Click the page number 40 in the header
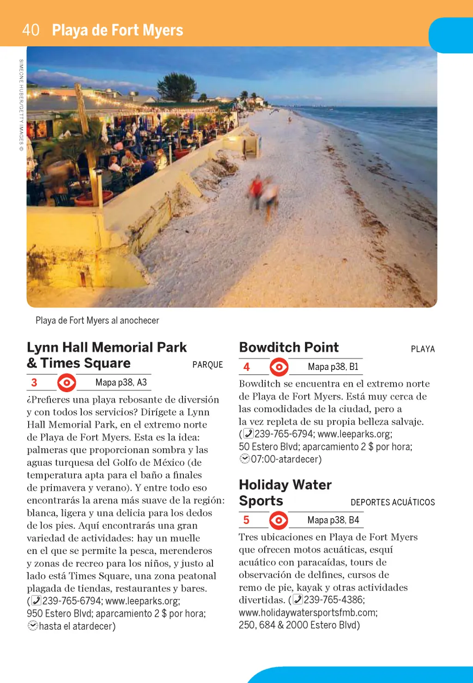31,30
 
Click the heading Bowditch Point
289,347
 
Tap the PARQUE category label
207,365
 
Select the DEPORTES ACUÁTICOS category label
393,503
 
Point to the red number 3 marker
34,383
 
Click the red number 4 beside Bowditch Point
247,367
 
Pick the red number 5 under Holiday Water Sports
246,520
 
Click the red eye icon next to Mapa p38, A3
67,383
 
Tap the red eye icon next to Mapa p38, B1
279,367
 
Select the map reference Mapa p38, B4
333,520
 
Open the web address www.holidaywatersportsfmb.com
308,613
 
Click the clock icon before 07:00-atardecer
244,459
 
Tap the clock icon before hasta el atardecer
32,626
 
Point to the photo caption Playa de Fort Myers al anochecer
97,320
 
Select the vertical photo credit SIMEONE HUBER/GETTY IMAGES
21,105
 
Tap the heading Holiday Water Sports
285,492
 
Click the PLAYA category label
423,349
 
